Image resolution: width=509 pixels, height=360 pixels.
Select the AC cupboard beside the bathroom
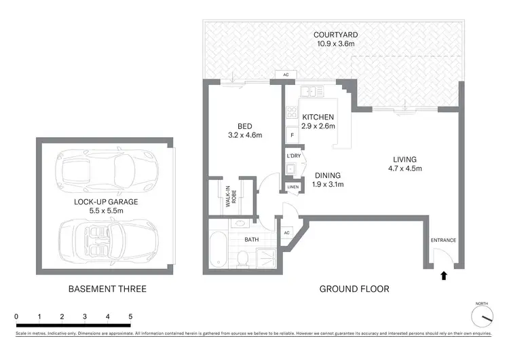tap(286, 232)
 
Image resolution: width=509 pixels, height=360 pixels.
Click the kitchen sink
tap(309, 91)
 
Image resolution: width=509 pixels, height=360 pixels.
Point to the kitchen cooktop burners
tap(292, 113)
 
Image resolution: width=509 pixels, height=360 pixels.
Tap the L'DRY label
tap(293, 156)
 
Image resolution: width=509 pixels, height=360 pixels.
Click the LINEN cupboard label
tap(293, 186)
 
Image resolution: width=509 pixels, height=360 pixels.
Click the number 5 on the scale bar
tap(130, 317)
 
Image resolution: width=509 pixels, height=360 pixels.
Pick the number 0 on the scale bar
tap(16, 317)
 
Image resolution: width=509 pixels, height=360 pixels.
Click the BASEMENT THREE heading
tap(107, 289)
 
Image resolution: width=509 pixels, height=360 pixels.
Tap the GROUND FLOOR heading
tap(354, 289)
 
